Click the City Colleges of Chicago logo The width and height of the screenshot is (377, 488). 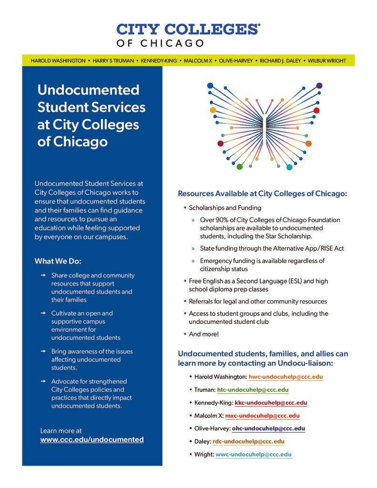click(x=188, y=35)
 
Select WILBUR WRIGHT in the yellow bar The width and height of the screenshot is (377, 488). click(x=327, y=61)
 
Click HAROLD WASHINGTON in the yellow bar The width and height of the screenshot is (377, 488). click(x=58, y=61)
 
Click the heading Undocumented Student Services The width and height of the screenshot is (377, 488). click(x=91, y=116)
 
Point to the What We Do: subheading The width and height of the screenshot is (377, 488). click(x=58, y=261)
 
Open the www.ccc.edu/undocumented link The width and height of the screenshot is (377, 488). click(x=92, y=439)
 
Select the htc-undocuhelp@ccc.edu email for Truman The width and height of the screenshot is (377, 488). click(x=253, y=390)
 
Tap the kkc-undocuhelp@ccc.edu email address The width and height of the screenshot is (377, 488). click(x=271, y=403)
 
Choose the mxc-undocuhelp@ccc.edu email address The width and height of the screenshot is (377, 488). click(x=262, y=416)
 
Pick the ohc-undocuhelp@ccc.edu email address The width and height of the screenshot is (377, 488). click(x=268, y=428)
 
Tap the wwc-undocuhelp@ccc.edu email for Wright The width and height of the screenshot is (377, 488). click(x=254, y=454)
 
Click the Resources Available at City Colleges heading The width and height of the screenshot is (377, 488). click(x=263, y=193)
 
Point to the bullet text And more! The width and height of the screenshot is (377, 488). click(x=204, y=334)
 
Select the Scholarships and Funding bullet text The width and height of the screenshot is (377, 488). click(x=225, y=208)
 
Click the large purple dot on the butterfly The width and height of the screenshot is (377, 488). click(x=319, y=86)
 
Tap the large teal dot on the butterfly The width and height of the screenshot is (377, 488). click(x=289, y=167)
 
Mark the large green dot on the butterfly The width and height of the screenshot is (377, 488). click(x=240, y=167)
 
